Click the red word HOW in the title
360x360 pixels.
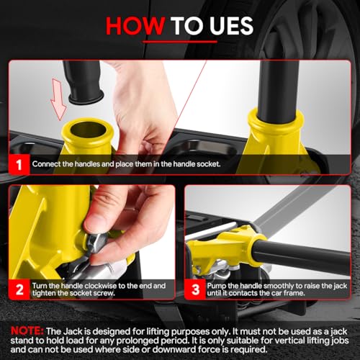(x=135, y=26)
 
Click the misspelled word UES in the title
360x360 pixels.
(x=231, y=26)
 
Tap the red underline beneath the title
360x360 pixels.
(x=180, y=42)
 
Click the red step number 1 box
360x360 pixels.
(x=19, y=164)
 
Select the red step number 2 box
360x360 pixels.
(x=19, y=289)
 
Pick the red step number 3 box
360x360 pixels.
(x=195, y=289)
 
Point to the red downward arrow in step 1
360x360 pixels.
(x=58, y=99)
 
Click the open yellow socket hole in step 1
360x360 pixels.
(x=88, y=130)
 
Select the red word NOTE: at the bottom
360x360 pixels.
(x=27, y=331)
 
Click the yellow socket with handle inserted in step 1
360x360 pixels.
(x=276, y=135)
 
